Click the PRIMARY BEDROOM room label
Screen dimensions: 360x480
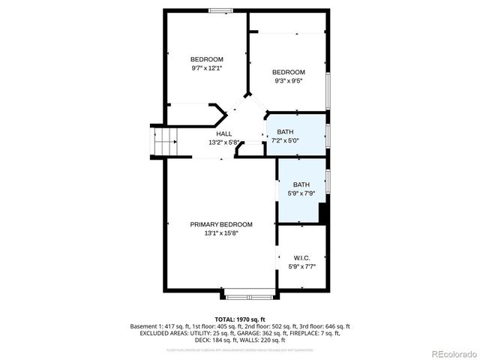(220, 224)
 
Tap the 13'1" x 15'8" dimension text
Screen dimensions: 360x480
(220, 233)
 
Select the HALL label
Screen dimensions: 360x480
(223, 133)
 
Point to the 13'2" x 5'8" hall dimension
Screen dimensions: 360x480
(223, 142)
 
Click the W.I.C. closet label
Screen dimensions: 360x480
(301, 257)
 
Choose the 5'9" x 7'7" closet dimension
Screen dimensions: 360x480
(301, 266)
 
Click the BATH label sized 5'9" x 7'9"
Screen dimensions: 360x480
(301, 184)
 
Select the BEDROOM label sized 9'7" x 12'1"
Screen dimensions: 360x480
(206, 59)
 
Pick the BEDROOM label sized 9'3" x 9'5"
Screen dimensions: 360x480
(289, 72)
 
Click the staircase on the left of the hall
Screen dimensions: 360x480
(164, 140)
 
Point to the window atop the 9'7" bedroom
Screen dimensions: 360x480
(220, 10)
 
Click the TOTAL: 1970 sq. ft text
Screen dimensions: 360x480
(240, 319)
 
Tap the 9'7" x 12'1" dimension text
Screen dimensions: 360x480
(206, 68)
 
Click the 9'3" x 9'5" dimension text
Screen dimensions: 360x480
(289, 81)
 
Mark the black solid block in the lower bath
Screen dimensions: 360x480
(322, 213)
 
